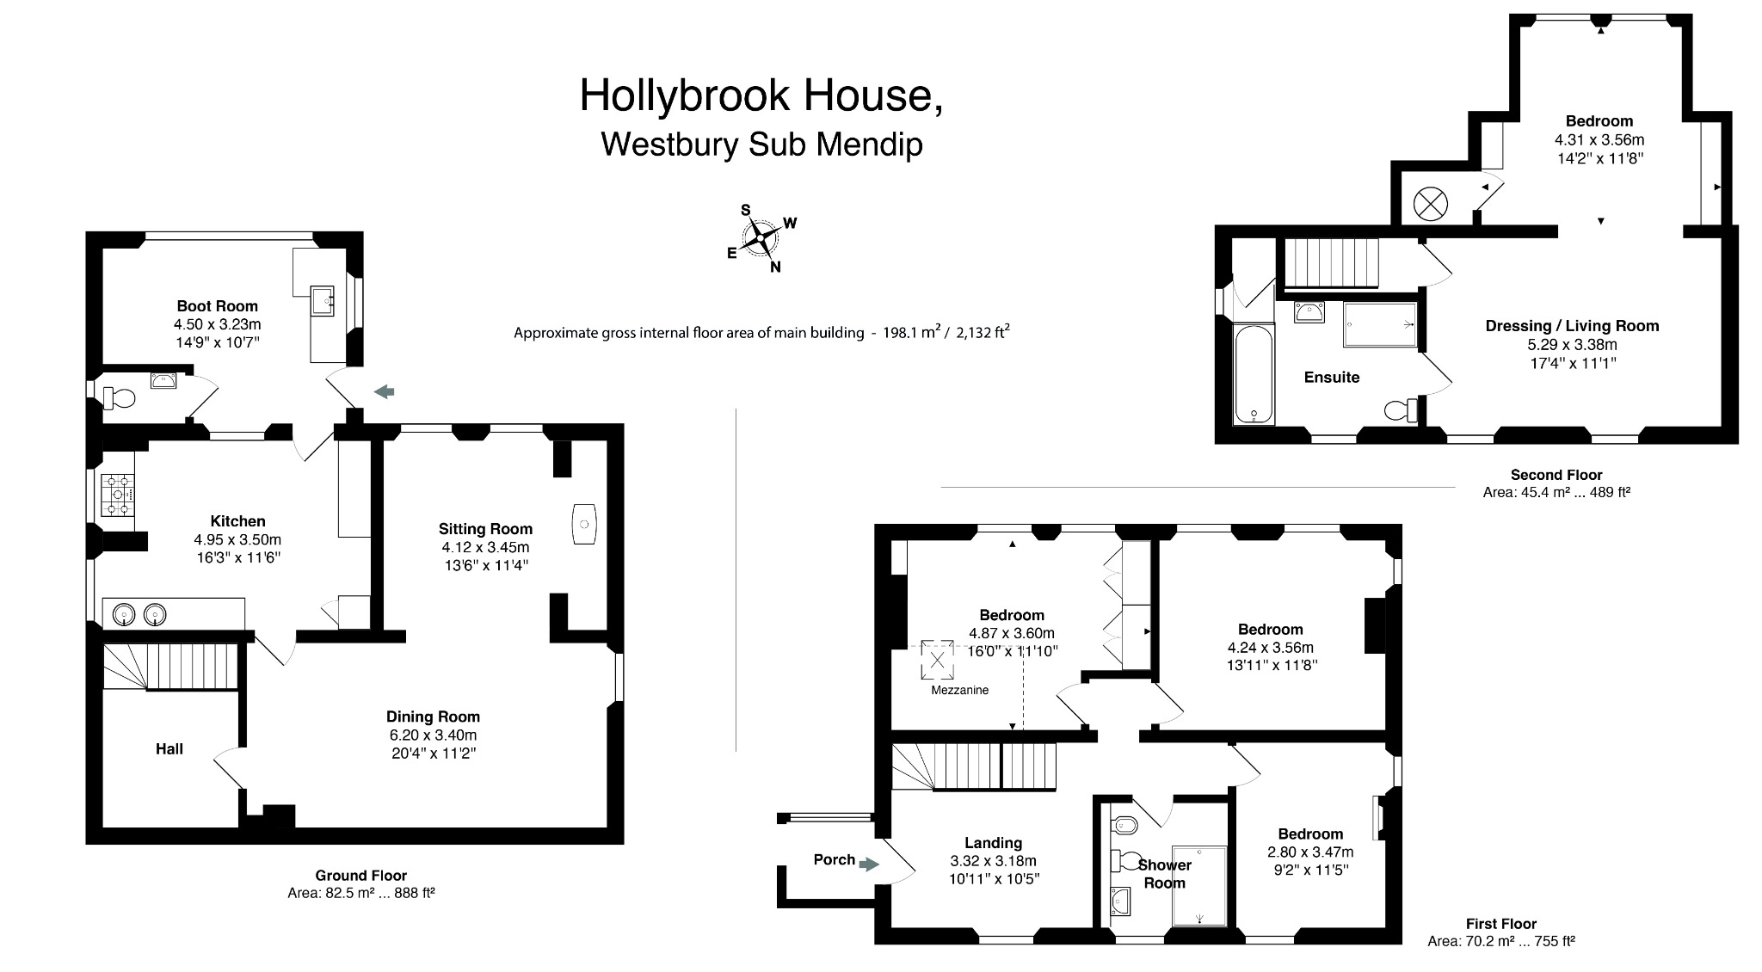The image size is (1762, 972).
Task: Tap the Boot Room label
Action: point(217,305)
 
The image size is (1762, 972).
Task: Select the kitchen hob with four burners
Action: point(118,495)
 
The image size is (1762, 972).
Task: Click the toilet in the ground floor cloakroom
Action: point(120,398)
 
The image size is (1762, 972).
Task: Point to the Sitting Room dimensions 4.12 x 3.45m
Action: point(485,547)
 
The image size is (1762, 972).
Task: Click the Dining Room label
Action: point(433,717)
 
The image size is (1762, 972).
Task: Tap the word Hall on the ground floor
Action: point(169,749)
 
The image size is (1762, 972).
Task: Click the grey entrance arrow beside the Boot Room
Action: point(384,392)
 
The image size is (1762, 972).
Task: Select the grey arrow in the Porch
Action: point(869,864)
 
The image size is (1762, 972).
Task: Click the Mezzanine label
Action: point(959,690)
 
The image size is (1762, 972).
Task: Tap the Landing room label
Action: point(993,843)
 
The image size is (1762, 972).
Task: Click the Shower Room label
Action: point(1164,874)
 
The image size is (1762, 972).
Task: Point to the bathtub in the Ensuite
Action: point(1253,374)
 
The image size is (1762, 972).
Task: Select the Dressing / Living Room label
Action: point(1572,326)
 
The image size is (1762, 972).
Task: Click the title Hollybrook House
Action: point(761,95)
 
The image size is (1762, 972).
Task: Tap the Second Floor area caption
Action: point(1556,483)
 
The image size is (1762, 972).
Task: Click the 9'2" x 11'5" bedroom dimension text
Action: point(1309,870)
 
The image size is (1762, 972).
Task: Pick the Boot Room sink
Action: point(324,302)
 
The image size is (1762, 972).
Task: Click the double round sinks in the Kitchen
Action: point(139,614)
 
